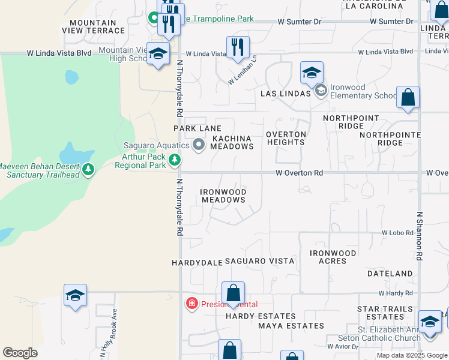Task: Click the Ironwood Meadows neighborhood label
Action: pyautogui.click(x=223, y=196)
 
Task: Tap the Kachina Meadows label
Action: pyautogui.click(x=232, y=143)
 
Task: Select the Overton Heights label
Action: pyautogui.click(x=286, y=138)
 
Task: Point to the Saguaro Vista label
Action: pyautogui.click(x=259, y=262)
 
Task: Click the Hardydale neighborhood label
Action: pyautogui.click(x=197, y=263)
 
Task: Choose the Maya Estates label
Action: pyautogui.click(x=291, y=326)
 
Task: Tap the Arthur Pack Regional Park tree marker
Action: pyautogui.click(x=174, y=160)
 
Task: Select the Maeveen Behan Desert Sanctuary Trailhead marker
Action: pyautogui.click(x=89, y=170)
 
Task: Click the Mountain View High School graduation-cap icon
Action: pyautogui.click(x=158, y=53)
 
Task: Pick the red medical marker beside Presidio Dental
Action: pyautogui.click(x=192, y=304)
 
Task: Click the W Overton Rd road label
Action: pyautogui.click(x=299, y=173)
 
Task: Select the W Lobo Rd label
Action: pyautogui.click(x=397, y=232)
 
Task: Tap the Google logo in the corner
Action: pyautogui.click(x=20, y=353)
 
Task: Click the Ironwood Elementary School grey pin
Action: pyautogui.click(x=321, y=91)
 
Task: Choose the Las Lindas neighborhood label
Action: pyautogui.click(x=285, y=94)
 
